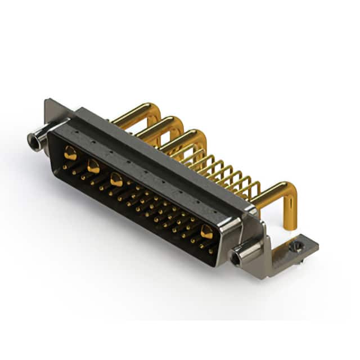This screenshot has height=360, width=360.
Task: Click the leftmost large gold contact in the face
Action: (70, 152)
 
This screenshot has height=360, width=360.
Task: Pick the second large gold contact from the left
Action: (93, 166)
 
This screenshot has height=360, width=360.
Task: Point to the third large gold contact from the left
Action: (116, 180)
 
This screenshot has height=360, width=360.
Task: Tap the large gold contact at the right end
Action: (206, 231)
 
